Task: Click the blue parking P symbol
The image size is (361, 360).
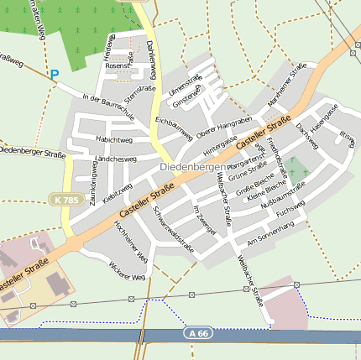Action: tap(55, 76)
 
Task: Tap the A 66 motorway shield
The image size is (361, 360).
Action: tap(196, 334)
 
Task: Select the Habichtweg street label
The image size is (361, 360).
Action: tap(114, 139)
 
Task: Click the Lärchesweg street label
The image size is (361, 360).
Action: tap(117, 158)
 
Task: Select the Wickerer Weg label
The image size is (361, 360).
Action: tap(127, 270)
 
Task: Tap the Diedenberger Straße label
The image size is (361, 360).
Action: tap(32, 152)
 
